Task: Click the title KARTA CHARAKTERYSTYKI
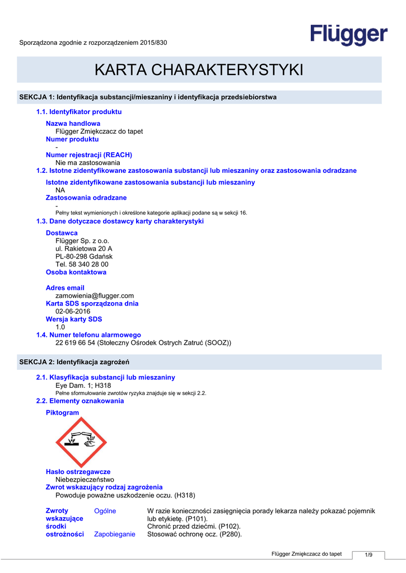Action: (x=199, y=70)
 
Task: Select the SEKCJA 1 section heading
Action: (x=148, y=97)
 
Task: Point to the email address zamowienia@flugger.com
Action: (x=95, y=295)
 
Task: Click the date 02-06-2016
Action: (x=73, y=311)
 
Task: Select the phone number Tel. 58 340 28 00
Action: (x=82, y=264)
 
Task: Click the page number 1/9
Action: (x=368, y=555)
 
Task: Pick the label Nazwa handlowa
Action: (x=73, y=123)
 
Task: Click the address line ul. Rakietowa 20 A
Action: (x=83, y=248)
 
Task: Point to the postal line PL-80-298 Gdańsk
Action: (x=84, y=256)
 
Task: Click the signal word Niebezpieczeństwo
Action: (x=85, y=480)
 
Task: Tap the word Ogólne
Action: (x=105, y=511)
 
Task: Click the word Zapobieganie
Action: (x=114, y=534)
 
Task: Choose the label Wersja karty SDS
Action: (x=74, y=319)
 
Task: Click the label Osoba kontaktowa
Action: (x=76, y=272)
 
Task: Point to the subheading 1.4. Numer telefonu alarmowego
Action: (x=88, y=335)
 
